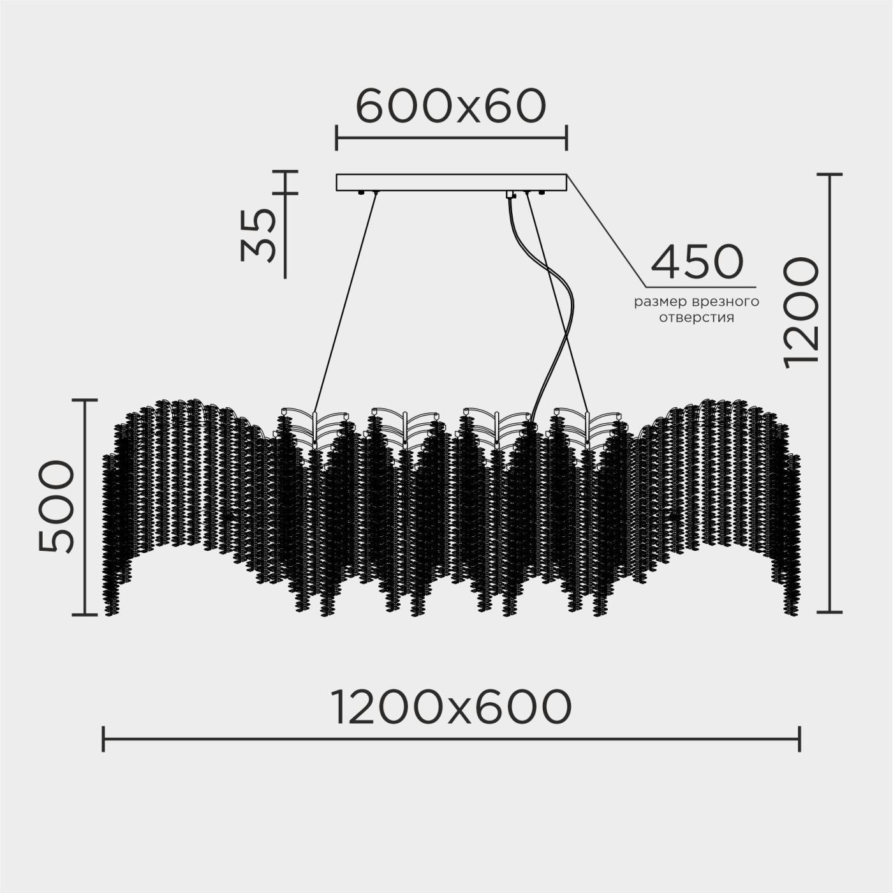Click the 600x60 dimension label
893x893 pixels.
tap(450, 106)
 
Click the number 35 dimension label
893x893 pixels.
tap(258, 235)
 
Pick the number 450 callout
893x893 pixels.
tap(697, 262)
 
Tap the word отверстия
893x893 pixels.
tap(697, 319)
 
